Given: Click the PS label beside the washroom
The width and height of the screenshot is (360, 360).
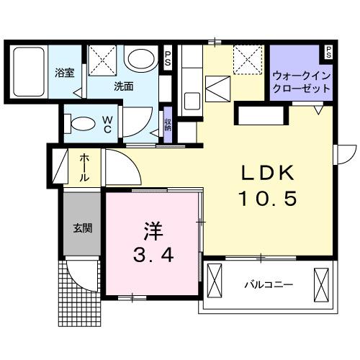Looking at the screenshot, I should pyautogui.click(x=168, y=57).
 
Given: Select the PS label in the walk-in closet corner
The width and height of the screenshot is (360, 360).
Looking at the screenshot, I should pyautogui.click(x=328, y=53).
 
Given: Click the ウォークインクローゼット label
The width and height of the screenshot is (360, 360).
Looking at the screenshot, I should pyautogui.click(x=302, y=81).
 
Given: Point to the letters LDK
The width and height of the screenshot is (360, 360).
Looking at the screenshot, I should pyautogui.click(x=267, y=174).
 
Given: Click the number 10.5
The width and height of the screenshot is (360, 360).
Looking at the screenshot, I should pyautogui.click(x=268, y=198).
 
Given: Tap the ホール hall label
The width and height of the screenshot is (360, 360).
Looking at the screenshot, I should pyautogui.click(x=84, y=167).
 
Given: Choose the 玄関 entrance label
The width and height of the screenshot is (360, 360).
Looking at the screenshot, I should pyautogui.click(x=81, y=229).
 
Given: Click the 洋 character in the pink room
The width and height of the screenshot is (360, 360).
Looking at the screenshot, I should pyautogui.click(x=152, y=232).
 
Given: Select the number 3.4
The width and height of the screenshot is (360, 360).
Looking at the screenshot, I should pyautogui.click(x=152, y=255).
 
